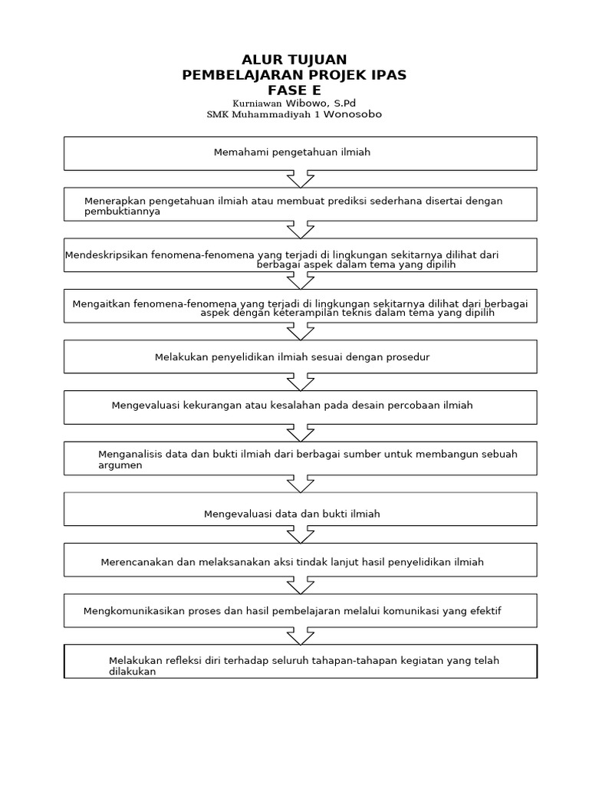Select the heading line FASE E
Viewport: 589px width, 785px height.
tap(294, 90)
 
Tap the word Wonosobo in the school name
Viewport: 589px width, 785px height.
tap(352, 114)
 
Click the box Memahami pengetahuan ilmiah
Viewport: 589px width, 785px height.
tap(300, 153)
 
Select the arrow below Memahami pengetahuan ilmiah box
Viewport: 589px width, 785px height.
tap(300, 179)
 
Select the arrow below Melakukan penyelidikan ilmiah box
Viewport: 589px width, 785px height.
tap(300, 382)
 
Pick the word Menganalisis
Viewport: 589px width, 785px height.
tap(129, 454)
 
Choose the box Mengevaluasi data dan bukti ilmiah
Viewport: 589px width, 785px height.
tap(300, 509)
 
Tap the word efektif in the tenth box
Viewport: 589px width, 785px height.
tap(483, 610)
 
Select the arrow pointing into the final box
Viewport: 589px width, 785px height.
tap(300, 636)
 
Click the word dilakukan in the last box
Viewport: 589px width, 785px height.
tap(132, 672)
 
